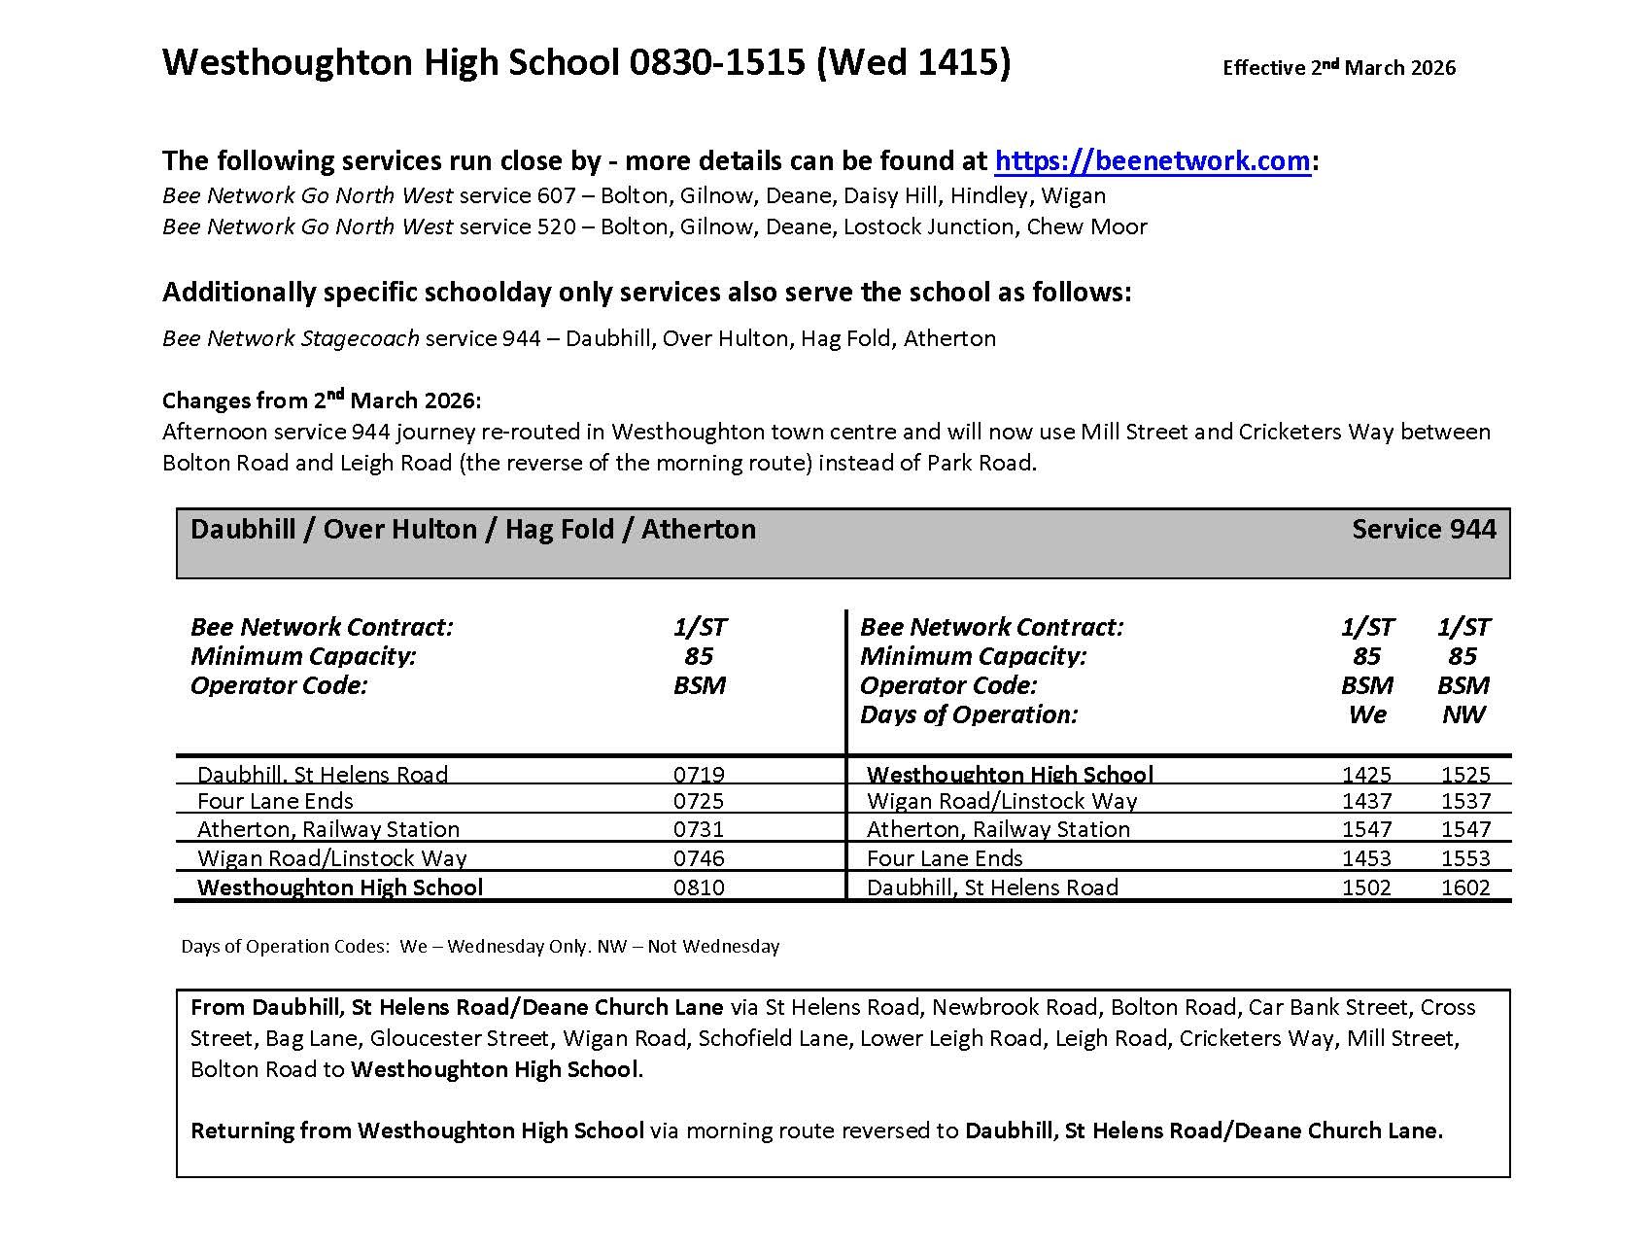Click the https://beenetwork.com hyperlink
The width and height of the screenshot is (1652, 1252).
tap(1153, 160)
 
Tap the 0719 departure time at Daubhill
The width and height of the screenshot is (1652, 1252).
tap(699, 775)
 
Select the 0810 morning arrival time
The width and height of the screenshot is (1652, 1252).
tap(699, 887)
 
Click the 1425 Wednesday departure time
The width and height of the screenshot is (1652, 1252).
tap(1366, 775)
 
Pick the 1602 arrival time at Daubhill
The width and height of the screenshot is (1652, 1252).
tap(1464, 887)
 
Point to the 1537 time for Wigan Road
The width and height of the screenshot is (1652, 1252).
tap(1464, 801)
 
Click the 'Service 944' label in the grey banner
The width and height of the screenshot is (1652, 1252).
tap(1424, 529)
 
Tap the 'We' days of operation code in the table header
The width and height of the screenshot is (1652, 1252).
tap(1366, 714)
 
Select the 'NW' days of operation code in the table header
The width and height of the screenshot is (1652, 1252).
tap(1463, 714)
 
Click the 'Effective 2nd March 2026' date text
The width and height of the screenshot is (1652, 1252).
tap(1338, 67)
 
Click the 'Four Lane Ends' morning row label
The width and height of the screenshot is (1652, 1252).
tap(275, 801)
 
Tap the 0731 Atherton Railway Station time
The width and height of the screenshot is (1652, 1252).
tap(699, 829)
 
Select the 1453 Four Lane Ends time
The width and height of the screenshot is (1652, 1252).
tap(1366, 858)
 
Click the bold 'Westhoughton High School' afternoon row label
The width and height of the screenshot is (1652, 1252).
tap(1010, 775)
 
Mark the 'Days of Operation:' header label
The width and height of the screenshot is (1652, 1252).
tap(969, 714)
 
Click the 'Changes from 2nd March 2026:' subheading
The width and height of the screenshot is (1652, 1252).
tap(322, 400)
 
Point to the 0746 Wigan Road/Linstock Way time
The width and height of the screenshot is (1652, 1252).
tap(699, 858)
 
